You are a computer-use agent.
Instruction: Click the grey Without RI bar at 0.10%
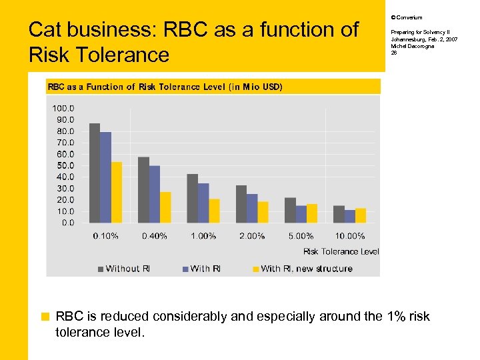(95, 173)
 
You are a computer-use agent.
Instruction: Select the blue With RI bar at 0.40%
(155, 194)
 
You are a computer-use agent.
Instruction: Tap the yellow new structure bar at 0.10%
(117, 192)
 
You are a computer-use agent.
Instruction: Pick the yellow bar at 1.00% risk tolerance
(214, 211)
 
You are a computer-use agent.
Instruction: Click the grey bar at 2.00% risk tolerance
(241, 204)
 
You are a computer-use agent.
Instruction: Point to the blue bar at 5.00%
(301, 214)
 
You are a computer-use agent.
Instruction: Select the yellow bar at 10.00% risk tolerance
(361, 215)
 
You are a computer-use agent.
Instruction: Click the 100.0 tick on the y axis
(63, 108)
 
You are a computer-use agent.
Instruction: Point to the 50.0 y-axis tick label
(64, 165)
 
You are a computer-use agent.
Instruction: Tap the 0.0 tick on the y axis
(68, 223)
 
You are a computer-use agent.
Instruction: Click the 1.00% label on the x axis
(203, 236)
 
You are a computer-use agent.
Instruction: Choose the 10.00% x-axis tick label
(350, 236)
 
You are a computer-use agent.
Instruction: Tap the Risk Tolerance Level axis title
(341, 251)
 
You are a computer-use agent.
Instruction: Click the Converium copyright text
(406, 17)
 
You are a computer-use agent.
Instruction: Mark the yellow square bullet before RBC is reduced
(45, 317)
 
